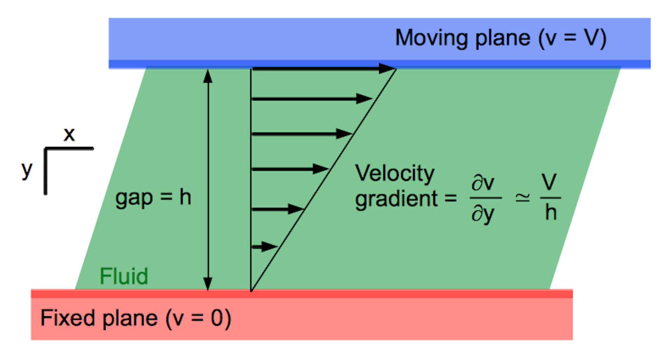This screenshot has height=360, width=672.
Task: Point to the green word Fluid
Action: [124, 276]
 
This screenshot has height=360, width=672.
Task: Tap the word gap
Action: [134, 198]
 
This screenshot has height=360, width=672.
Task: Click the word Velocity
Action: [394, 174]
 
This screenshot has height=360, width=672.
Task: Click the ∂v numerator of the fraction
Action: [483, 183]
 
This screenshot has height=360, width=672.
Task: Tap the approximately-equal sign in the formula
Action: [522, 198]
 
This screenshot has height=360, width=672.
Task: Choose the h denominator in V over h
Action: [551, 212]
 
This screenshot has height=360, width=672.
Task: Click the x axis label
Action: [69, 134]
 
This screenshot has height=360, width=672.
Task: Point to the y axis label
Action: [27, 170]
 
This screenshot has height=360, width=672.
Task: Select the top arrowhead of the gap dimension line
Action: [208, 76]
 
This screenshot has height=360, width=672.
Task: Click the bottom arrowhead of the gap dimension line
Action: [208, 283]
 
